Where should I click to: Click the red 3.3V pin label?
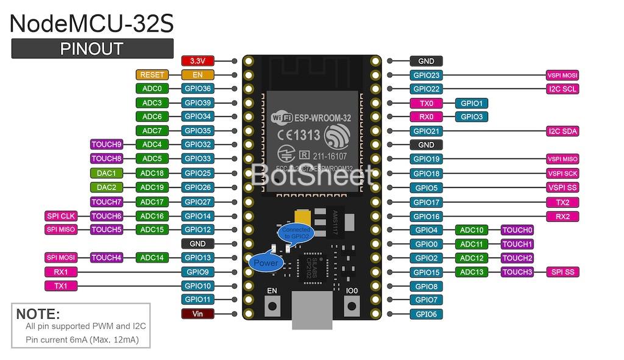[198, 61]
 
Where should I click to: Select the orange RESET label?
[152, 75]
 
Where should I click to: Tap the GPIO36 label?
[198, 89]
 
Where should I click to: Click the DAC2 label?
[107, 187]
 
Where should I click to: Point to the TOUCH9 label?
[107, 144]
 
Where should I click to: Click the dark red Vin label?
[198, 314]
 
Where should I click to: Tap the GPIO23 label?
[427, 76]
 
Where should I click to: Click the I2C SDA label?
[562, 131]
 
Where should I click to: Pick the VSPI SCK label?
[562, 174]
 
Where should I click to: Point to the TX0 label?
[427, 104]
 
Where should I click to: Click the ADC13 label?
[472, 272]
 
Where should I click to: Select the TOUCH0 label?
[517, 230]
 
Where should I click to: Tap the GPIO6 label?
[427, 314]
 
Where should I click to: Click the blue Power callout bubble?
[266, 263]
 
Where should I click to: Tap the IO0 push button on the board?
[352, 304]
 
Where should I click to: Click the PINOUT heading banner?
[92, 49]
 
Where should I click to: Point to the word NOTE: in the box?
[38, 314]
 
